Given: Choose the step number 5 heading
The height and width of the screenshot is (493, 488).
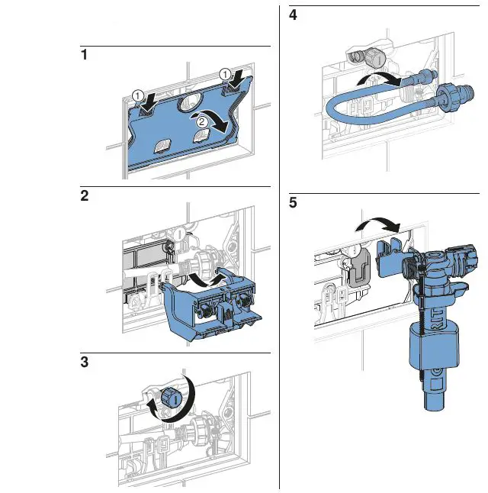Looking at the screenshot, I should (x=294, y=204).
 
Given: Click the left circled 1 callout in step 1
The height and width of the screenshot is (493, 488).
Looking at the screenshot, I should (x=137, y=95).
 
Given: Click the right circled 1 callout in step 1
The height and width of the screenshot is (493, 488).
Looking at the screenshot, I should (x=225, y=73).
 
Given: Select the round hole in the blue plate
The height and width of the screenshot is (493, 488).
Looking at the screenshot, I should (x=189, y=102).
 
